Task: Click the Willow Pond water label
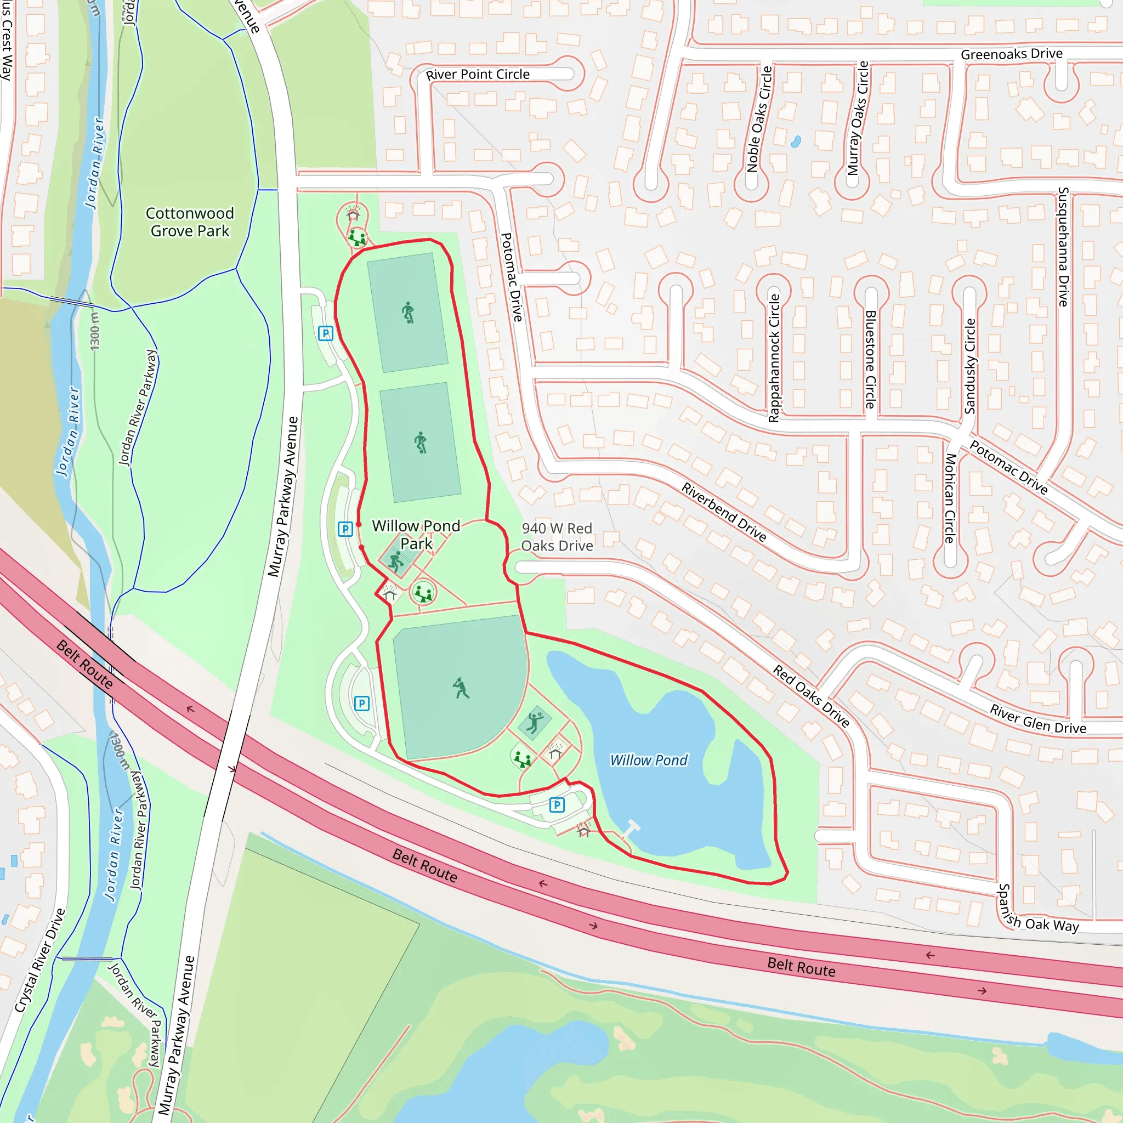pos(648,761)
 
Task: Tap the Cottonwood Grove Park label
pos(190,222)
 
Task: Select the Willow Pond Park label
pos(416,534)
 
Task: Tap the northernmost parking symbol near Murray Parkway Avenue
pos(326,333)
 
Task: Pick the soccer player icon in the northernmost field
pos(409,313)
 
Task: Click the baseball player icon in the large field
pos(461,688)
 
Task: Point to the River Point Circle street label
pos(478,75)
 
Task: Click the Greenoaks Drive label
pos(1011,54)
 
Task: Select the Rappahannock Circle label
pos(774,358)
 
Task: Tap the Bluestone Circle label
pos(870,359)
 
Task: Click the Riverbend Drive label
pos(724,512)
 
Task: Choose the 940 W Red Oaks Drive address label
pos(557,537)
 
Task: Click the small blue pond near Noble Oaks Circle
pos(796,141)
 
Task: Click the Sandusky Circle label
pos(969,366)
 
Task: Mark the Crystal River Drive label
pos(39,961)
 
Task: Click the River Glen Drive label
pos(1038,719)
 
